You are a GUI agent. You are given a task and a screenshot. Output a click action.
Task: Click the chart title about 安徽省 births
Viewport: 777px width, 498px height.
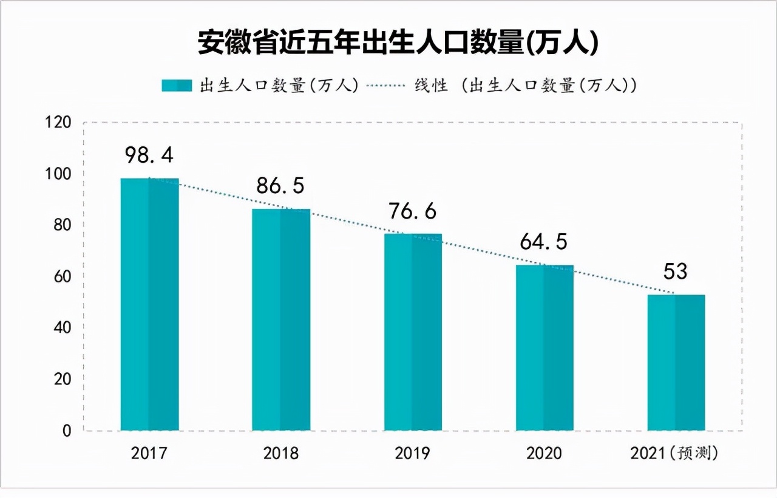click(x=398, y=44)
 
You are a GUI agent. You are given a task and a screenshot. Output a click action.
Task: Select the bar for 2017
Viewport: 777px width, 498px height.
click(x=149, y=304)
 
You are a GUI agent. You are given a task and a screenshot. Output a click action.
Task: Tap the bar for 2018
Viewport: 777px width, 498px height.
click(x=281, y=319)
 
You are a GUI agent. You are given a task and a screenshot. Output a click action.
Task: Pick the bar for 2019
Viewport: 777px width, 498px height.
click(x=413, y=332)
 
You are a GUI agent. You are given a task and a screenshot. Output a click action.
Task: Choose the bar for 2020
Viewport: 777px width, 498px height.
click(x=545, y=347)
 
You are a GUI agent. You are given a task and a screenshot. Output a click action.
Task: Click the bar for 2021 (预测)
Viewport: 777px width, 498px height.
click(x=676, y=363)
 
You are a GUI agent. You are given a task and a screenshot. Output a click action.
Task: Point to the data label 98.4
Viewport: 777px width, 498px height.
click(x=149, y=155)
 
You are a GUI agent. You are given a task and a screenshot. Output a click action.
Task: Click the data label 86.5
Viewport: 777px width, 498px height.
click(x=280, y=186)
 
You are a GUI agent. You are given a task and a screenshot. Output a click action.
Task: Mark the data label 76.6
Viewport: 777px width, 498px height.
click(x=413, y=211)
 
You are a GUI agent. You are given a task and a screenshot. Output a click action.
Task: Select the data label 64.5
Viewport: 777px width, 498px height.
click(x=544, y=242)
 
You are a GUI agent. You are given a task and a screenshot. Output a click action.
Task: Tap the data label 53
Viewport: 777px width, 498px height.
click(x=675, y=271)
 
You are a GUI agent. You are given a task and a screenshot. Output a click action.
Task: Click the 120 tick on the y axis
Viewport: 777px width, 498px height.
click(x=59, y=123)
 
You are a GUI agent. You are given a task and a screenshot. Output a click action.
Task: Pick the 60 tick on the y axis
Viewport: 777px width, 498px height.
click(x=62, y=277)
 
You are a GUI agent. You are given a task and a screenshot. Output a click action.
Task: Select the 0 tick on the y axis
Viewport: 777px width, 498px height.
click(x=67, y=431)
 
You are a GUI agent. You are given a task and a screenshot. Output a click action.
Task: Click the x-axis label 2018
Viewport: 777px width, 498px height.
click(x=280, y=454)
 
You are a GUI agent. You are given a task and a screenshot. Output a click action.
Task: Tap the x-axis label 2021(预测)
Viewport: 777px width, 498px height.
click(x=674, y=454)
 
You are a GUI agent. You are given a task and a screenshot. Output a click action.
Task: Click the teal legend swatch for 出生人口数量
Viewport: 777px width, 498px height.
click(x=177, y=86)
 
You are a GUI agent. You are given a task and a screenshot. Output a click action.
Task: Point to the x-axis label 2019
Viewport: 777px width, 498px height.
click(x=412, y=454)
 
